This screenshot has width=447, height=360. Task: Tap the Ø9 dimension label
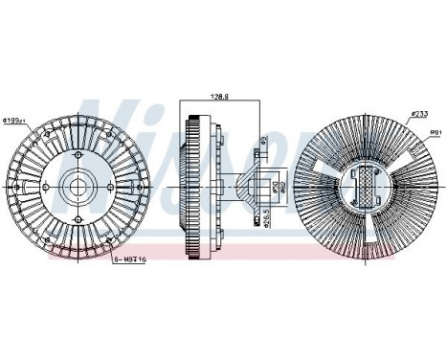pos(261,144)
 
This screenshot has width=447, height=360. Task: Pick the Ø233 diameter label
pos(419,113)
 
